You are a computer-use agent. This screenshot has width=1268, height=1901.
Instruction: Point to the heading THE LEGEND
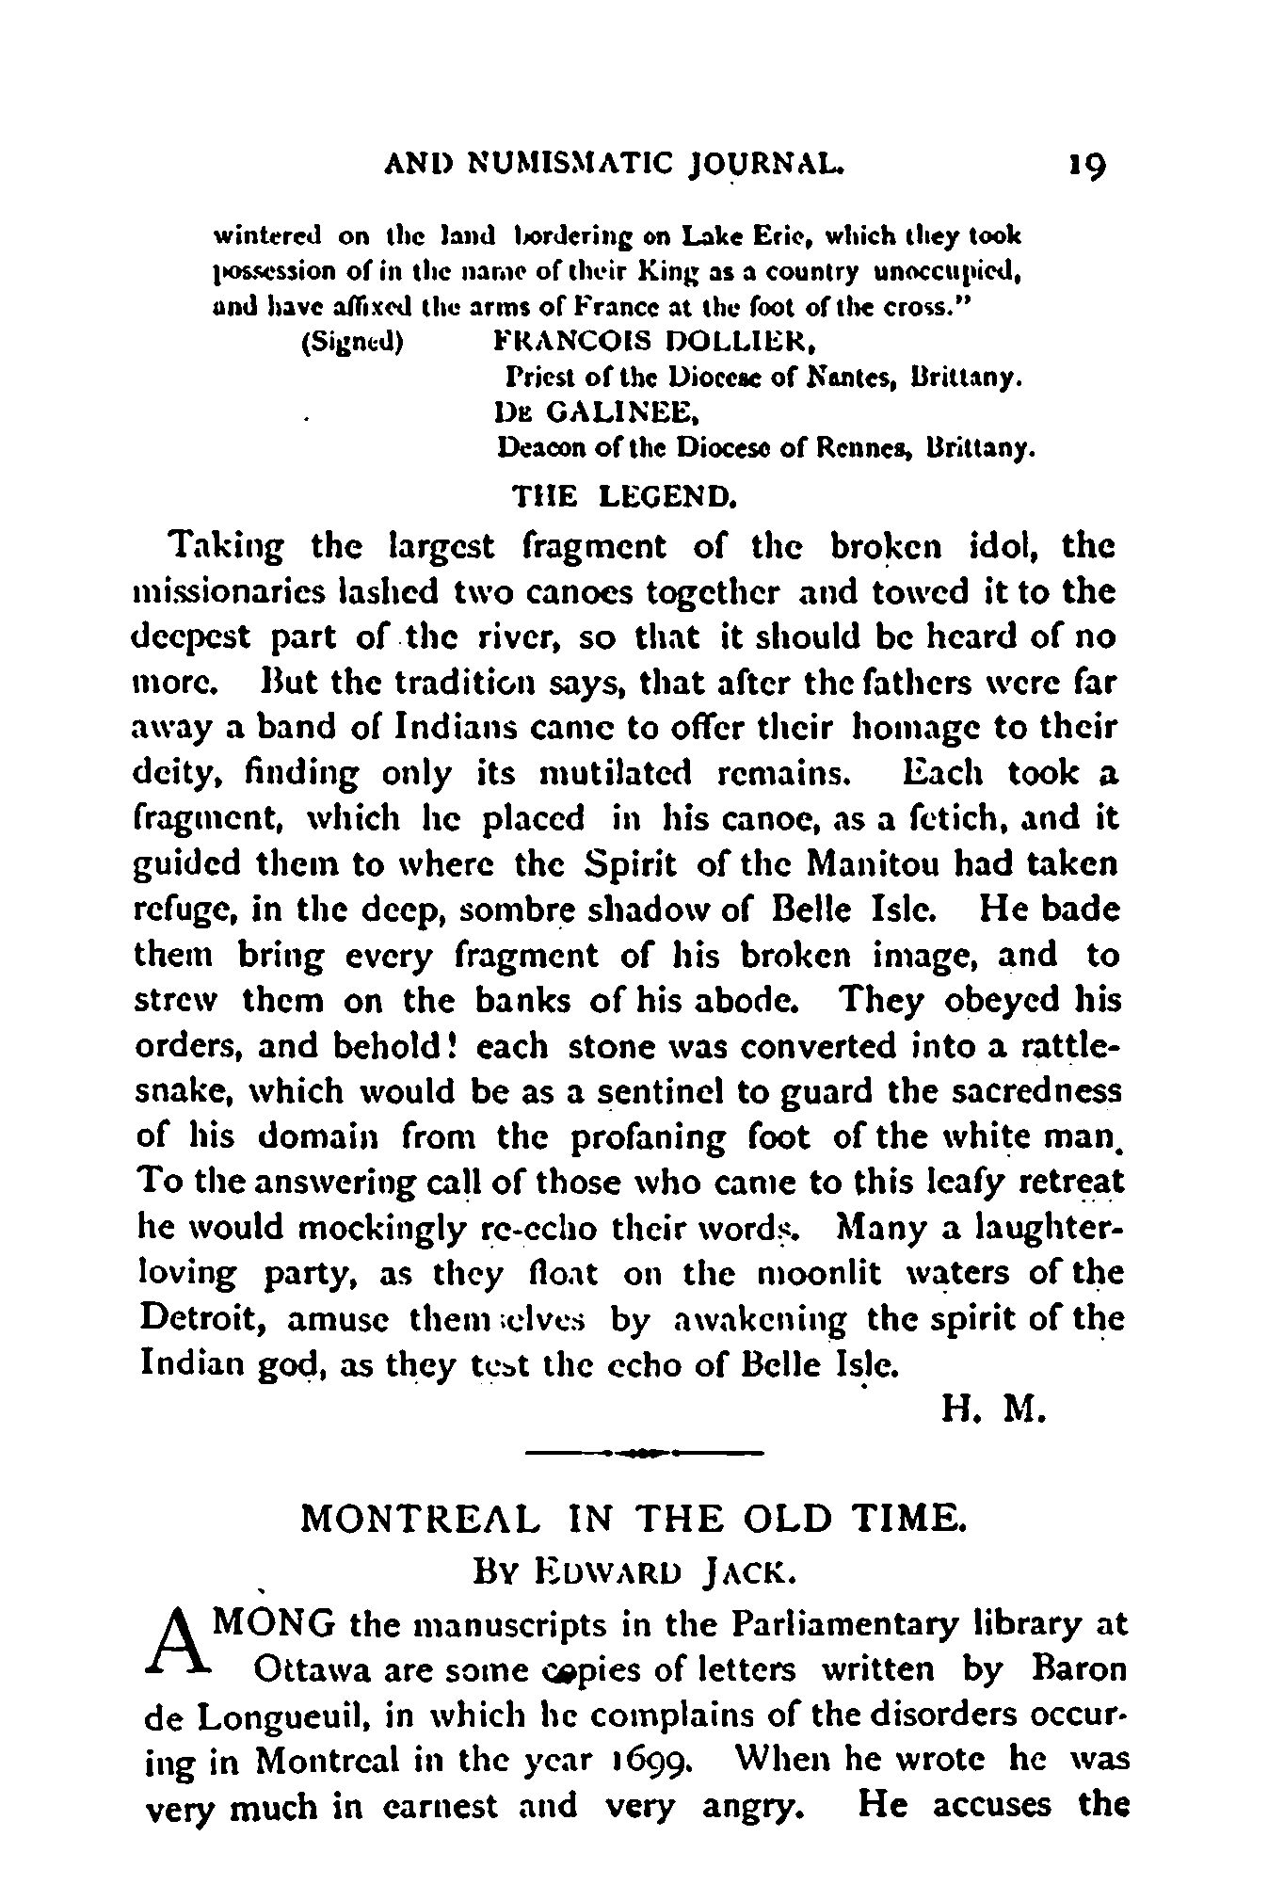coord(622,496)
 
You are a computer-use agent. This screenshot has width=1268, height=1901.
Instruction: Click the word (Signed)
coord(351,341)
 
